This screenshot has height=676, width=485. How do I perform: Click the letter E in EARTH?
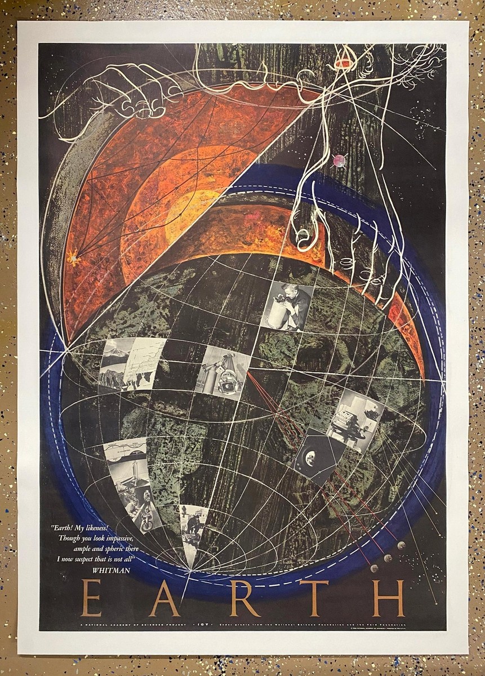point(91,598)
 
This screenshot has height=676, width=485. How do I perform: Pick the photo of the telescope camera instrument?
point(224,372)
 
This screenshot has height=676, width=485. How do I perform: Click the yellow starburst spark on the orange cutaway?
point(72,259)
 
